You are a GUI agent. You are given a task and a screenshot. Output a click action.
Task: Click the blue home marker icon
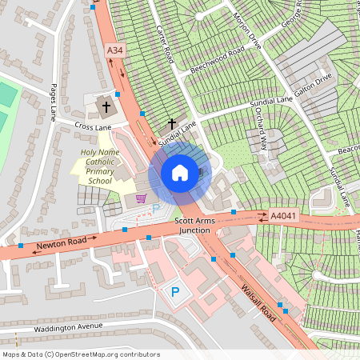tap(180, 172)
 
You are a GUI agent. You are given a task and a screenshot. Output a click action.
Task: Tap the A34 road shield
tap(116, 51)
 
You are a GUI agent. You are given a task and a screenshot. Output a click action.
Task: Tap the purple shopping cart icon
tap(142, 198)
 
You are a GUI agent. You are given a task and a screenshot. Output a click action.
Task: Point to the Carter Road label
tap(166, 45)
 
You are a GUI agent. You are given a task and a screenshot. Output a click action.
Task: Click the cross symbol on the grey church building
tap(106, 106)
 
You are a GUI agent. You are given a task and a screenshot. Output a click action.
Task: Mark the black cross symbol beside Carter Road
tap(170, 123)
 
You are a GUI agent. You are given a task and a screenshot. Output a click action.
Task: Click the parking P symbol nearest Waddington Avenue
tap(174, 292)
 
